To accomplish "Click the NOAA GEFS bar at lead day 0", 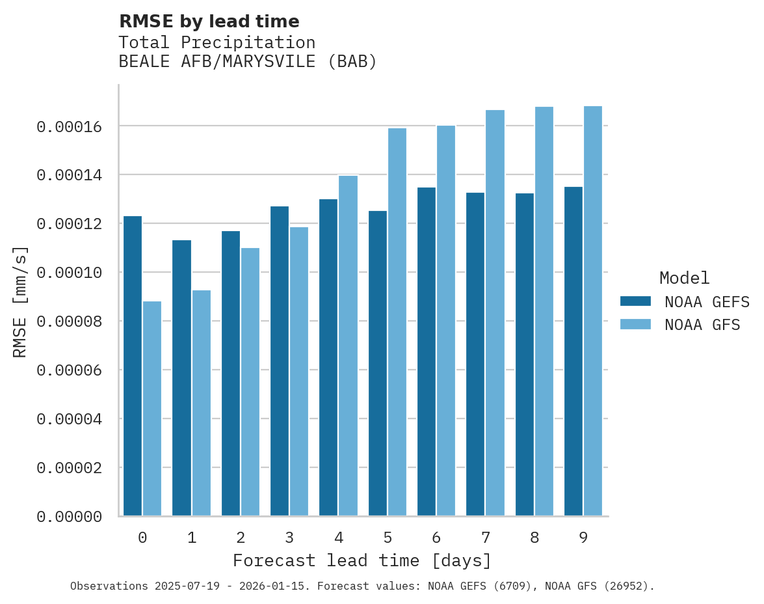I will pos(133,366).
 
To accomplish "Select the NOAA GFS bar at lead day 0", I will pos(152,409).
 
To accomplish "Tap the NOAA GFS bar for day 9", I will pos(593,311).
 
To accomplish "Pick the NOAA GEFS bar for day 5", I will pos(378,363).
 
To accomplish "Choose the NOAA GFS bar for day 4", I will pos(348,346).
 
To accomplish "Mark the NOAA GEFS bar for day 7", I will pos(475,354).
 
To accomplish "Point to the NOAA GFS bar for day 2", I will pos(250,382).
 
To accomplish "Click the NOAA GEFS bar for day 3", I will pos(280,361).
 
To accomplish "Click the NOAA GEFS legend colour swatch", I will pos(636,301).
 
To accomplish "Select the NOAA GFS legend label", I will pos(702,325).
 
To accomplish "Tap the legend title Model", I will pos(684,278).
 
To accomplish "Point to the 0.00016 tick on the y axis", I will pos(70,126).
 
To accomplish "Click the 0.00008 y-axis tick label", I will pos(70,322).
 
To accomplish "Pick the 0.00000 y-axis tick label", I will pos(70,517).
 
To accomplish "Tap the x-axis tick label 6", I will pos(436,538).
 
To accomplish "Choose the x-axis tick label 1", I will pos(192,538).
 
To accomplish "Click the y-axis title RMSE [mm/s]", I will pos(20,301).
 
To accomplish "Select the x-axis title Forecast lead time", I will pos(362,560).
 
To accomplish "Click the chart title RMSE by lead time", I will pos(209,21).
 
